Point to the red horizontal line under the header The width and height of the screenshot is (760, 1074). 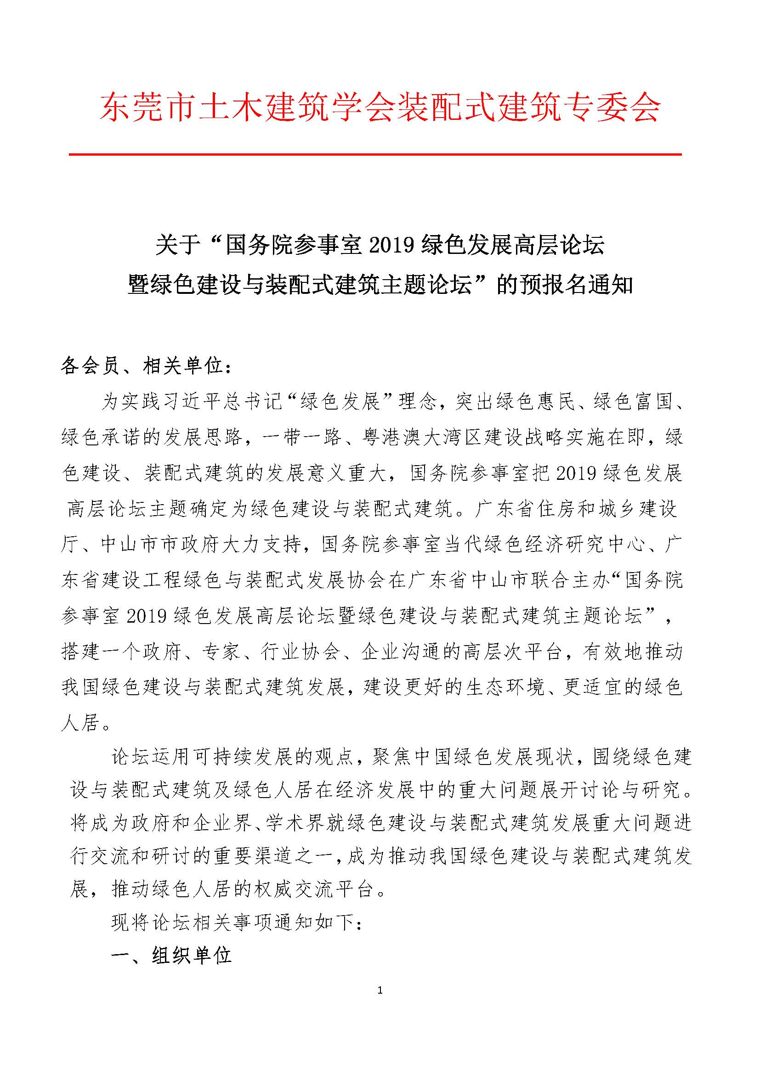click(375, 154)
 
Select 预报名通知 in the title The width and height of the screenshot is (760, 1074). click(575, 285)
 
